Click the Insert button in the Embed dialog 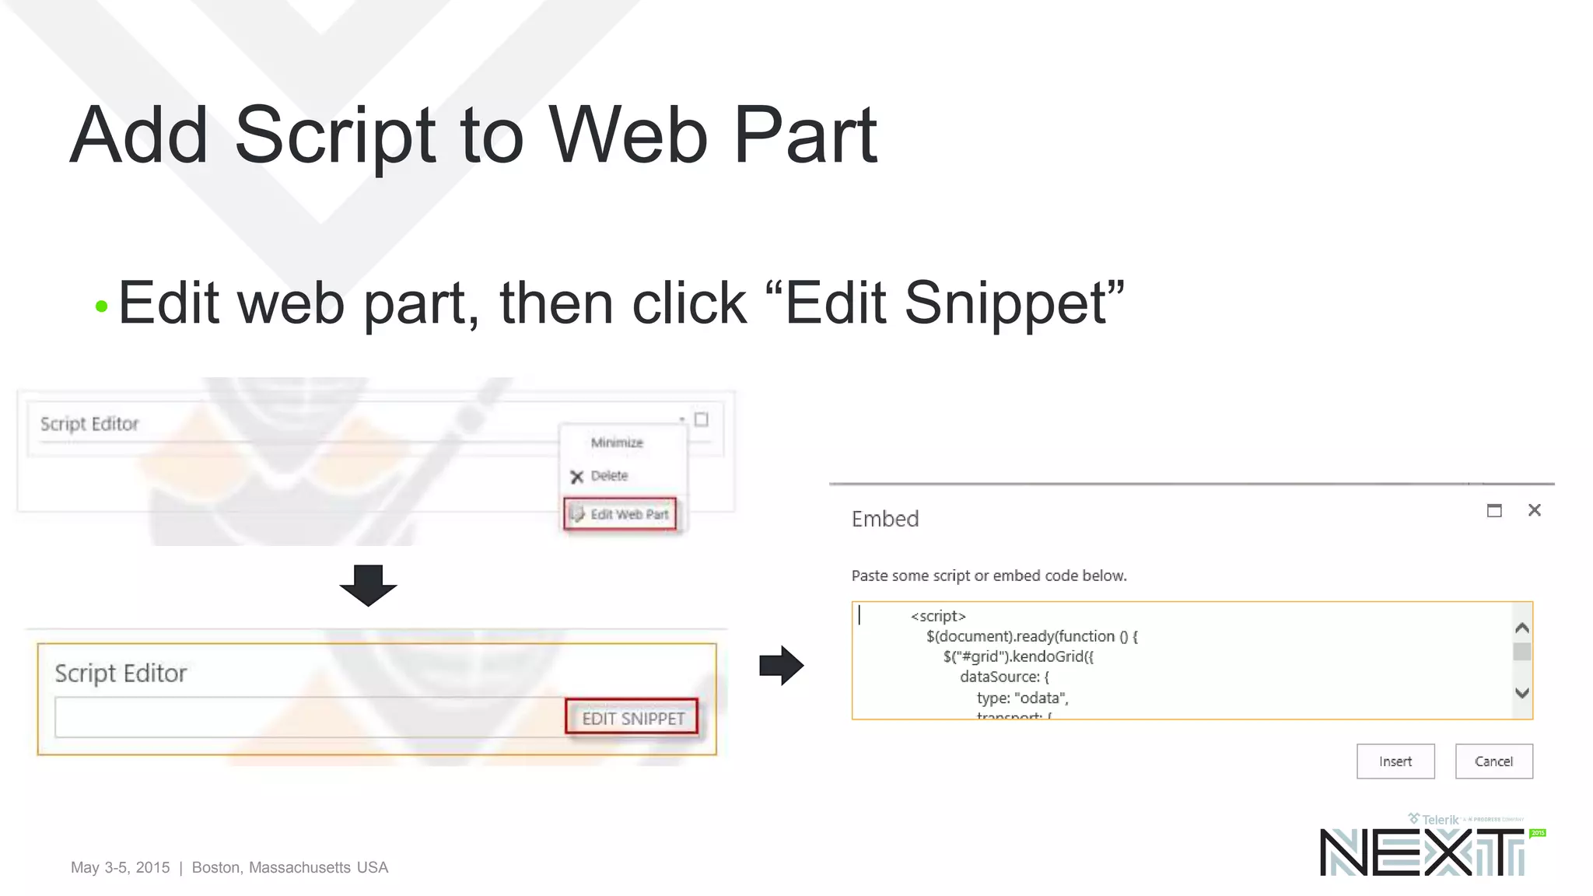(1395, 761)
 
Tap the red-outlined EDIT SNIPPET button (632, 718)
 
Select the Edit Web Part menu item (621, 514)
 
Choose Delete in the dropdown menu (608, 476)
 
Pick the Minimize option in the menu (617, 443)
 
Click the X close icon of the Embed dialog (1534, 510)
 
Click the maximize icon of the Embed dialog (1494, 511)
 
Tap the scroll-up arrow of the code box (1522, 628)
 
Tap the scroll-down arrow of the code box (1522, 693)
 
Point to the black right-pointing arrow (781, 665)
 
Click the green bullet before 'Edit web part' (101, 306)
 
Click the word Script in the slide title (334, 136)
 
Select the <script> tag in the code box (938, 616)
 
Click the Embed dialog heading (885, 519)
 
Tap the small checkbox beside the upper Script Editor (701, 420)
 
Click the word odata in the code (1040, 698)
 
